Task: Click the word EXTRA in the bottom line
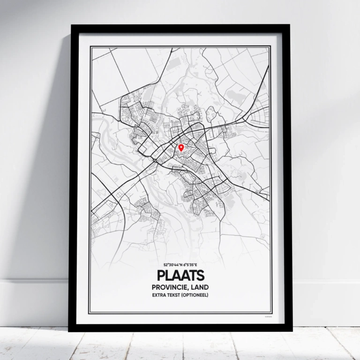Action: tap(159, 295)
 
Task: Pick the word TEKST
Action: tap(176, 295)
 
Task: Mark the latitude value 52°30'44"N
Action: tap(172, 265)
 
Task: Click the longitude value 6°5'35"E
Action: tap(190, 265)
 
